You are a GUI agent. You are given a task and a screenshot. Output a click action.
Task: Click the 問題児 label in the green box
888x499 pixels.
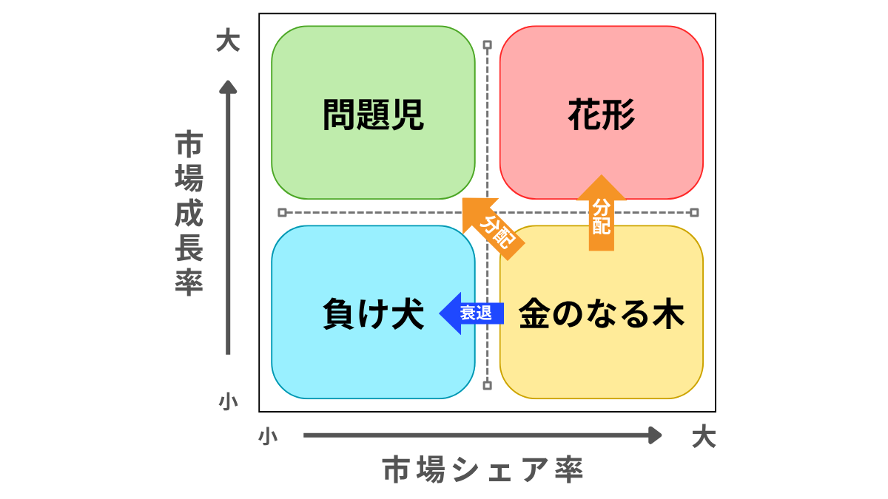(x=373, y=115)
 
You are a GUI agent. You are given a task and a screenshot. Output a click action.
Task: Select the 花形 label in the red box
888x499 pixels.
(x=602, y=115)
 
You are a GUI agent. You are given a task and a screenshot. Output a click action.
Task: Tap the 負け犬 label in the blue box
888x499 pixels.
(x=373, y=314)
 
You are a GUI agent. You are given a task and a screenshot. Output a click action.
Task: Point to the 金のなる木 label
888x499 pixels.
(x=602, y=314)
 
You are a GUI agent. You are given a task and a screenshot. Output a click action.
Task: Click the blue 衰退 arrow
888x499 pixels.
(x=471, y=313)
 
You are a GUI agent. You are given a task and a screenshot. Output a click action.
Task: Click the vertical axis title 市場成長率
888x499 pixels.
(x=189, y=214)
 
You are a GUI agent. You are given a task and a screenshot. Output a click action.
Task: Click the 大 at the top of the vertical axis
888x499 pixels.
(x=228, y=41)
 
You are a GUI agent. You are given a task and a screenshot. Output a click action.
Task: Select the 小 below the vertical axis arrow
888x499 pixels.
(x=228, y=402)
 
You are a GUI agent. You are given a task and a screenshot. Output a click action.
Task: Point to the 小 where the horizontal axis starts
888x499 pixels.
(x=268, y=436)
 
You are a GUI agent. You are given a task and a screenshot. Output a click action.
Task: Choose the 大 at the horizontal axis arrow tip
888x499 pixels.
(x=704, y=437)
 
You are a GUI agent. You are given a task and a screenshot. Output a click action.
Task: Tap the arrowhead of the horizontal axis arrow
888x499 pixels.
(x=655, y=435)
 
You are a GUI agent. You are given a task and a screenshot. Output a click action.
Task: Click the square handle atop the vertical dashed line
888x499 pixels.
(x=487, y=45)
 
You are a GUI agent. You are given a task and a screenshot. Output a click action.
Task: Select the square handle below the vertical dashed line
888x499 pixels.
(x=487, y=384)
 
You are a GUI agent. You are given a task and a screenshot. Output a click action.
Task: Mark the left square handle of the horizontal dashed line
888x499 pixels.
(x=282, y=213)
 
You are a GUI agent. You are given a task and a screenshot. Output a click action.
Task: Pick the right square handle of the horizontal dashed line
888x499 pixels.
(x=693, y=213)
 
